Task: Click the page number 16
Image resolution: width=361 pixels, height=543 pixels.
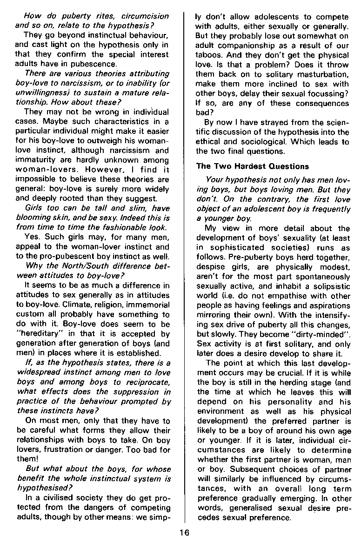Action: click(185, 533)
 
